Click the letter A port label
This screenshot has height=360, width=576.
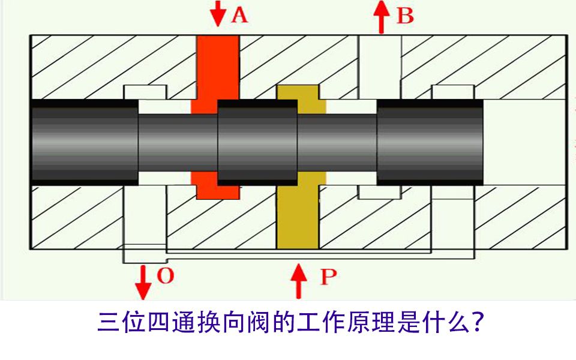pos(239,15)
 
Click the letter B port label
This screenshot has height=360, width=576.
pos(405,16)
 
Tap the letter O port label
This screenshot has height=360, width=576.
pos(165,275)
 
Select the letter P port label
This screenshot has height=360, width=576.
pos(328,277)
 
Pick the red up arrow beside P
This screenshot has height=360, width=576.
pos(298,281)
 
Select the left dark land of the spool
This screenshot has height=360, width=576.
pos(84,142)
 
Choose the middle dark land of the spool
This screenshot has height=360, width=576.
pos(257,142)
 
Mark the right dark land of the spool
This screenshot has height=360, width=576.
pos(430,142)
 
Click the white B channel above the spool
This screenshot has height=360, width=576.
pos(379,66)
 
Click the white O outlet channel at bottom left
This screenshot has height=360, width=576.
pos(144,222)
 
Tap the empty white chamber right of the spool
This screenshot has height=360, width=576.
pos(523,142)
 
